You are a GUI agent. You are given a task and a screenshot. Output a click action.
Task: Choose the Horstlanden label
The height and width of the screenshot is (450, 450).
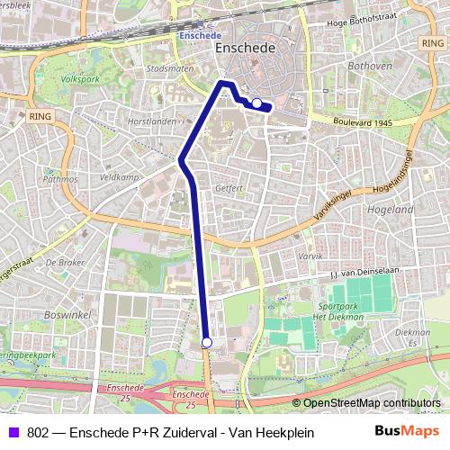coord(152,121)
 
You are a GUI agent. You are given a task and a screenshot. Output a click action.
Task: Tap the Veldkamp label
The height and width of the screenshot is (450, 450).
coord(120,177)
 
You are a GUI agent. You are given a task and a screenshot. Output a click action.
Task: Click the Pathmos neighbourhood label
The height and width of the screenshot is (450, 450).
coord(60,179)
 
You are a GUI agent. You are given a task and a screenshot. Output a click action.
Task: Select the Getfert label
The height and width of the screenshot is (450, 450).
coord(230,189)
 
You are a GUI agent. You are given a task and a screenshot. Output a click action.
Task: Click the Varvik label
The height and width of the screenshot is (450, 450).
coord(310,256)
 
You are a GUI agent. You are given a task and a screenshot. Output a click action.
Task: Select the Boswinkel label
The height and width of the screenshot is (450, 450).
coord(62,316)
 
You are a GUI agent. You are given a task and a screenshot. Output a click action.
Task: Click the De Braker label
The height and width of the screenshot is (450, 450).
coord(64,263)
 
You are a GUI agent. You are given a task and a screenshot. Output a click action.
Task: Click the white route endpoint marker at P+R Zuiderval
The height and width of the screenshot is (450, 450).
coord(207,342)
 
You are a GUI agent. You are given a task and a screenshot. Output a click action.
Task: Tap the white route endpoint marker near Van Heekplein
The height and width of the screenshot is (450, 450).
coord(256,103)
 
